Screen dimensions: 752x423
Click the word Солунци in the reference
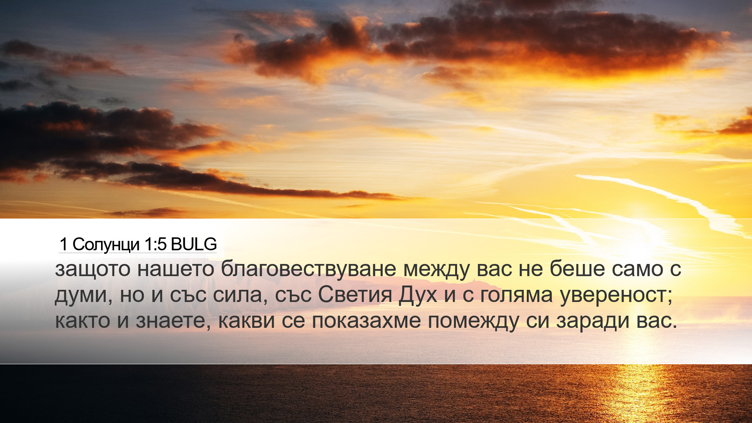[x=106, y=245]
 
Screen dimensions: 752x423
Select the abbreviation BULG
[x=194, y=244]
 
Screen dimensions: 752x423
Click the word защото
[x=92, y=270]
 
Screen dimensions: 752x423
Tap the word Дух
[x=418, y=295]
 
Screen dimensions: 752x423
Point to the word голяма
[x=516, y=295]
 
